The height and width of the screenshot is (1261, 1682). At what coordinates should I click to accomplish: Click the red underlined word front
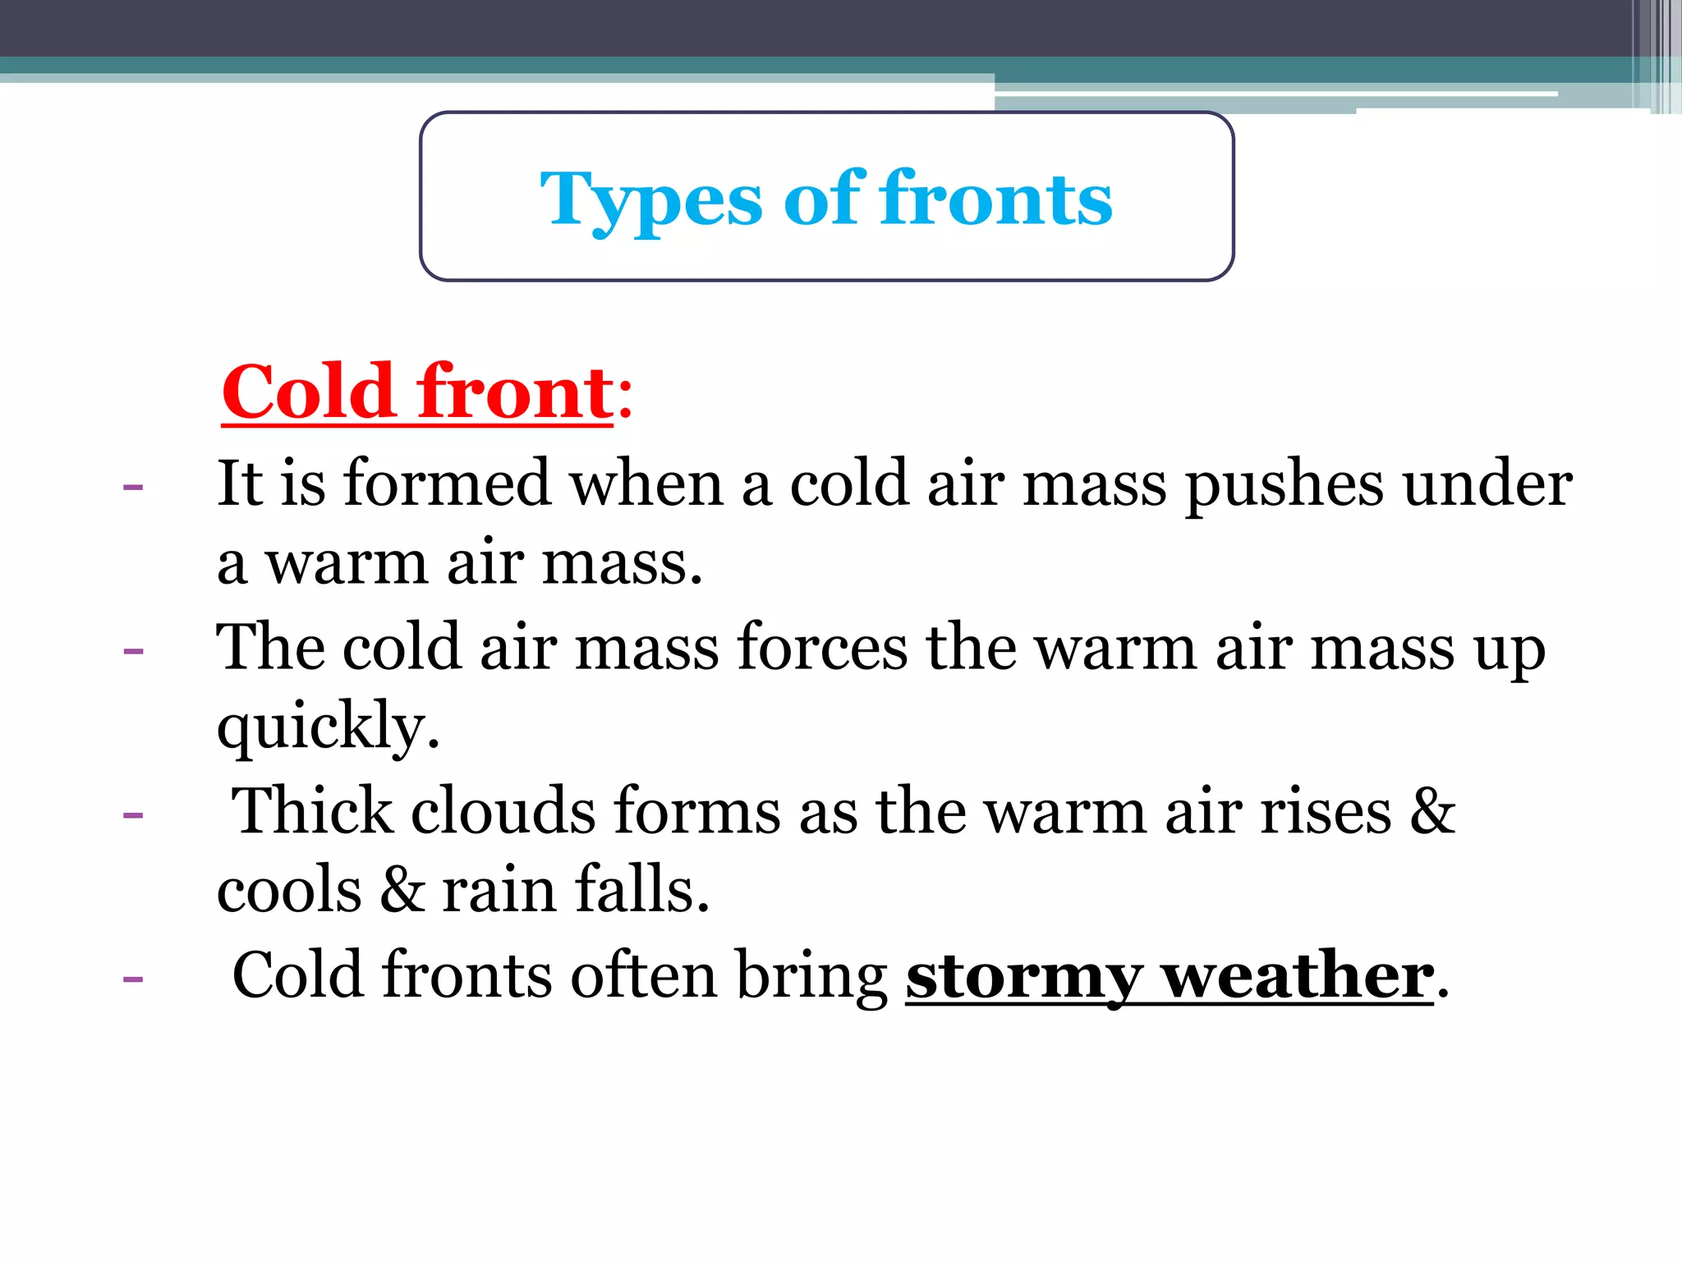pos(515,392)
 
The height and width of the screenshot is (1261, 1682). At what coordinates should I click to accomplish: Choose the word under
pos(1487,484)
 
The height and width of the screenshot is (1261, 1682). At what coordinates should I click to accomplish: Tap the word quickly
pos(328,727)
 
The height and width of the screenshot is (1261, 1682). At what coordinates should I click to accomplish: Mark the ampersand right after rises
pos(1433,811)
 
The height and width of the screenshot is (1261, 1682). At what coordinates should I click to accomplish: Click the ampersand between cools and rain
pos(402,890)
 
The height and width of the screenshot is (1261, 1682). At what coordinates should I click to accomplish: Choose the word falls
pos(641,890)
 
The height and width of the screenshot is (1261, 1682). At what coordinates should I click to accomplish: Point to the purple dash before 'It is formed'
pos(133,487)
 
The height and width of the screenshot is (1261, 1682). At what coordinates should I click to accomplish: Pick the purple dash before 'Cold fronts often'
pos(133,979)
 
